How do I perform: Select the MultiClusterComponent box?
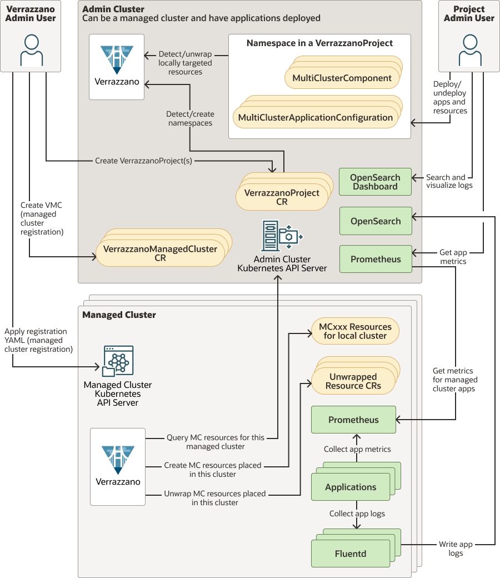pyautogui.click(x=342, y=78)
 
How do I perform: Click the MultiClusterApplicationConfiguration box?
pyautogui.click(x=315, y=118)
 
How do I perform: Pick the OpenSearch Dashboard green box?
pyautogui.click(x=375, y=182)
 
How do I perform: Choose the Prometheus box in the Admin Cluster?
pyautogui.click(x=376, y=259)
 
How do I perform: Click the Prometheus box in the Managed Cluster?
pyautogui.click(x=353, y=420)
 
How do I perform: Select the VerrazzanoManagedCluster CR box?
pyautogui.click(x=160, y=253)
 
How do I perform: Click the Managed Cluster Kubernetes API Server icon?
pyautogui.click(x=117, y=361)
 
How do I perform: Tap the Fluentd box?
pyautogui.click(x=351, y=554)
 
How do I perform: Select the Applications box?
pyautogui.click(x=351, y=487)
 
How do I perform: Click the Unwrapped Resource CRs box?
pyautogui.click(x=353, y=381)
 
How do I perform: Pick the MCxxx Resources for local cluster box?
pyautogui.click(x=355, y=331)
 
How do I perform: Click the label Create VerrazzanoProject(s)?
pyautogui.click(x=144, y=161)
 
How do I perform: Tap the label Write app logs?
pyautogui.click(x=456, y=549)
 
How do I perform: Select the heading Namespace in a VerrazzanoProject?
pyautogui.click(x=319, y=43)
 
